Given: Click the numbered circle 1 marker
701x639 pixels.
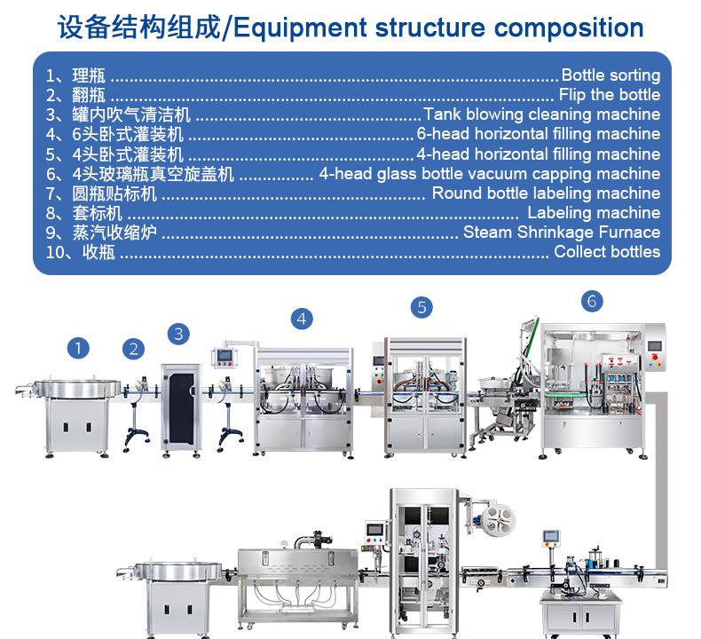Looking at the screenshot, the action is click(78, 348).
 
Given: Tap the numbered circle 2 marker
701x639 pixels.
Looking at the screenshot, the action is click(133, 350).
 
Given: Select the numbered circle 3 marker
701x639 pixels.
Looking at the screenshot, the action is click(178, 334).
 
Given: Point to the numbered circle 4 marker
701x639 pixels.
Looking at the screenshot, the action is click(302, 319).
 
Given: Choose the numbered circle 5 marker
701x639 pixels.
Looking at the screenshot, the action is click(422, 308).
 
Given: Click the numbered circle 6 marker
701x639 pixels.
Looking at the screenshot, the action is click(592, 302).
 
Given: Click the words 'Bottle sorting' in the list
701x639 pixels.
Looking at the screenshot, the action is click(610, 75).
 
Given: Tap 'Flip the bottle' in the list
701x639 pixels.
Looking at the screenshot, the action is click(610, 95).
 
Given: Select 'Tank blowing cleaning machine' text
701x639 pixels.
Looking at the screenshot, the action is click(542, 114).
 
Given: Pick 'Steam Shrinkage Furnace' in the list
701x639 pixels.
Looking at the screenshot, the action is click(562, 232).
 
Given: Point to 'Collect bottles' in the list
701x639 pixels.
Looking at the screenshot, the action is click(607, 252).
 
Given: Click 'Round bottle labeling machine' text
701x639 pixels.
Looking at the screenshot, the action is click(546, 193).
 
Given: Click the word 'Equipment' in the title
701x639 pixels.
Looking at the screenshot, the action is click(300, 28).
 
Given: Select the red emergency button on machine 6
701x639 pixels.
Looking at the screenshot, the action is click(657, 358).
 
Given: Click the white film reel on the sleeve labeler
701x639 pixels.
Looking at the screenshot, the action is click(499, 520).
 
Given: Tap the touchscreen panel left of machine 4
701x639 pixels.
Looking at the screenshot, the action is click(224, 356).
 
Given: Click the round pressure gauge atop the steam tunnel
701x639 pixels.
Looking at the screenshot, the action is click(284, 544).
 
